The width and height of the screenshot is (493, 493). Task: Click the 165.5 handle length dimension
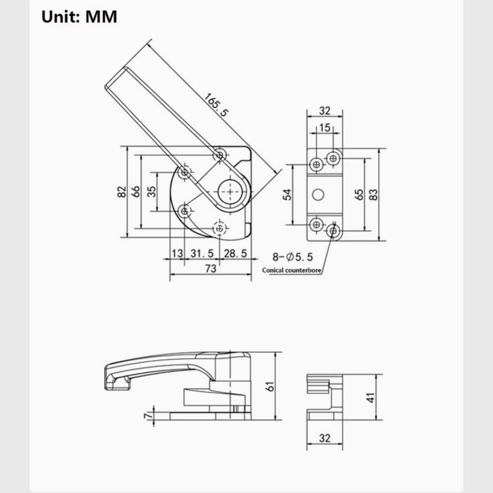(216, 105)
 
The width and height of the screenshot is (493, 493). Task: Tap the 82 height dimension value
(122, 192)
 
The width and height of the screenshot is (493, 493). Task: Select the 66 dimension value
(135, 191)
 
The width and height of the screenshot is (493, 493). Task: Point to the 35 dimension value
(151, 191)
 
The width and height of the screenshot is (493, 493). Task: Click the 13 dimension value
(177, 253)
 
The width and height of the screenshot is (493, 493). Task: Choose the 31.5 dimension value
(202, 253)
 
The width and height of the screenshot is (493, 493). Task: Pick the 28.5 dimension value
(236, 253)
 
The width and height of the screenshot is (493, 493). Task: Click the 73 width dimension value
(211, 268)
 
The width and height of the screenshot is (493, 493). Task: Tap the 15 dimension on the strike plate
(325, 127)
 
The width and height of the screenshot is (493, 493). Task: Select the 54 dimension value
(287, 195)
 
